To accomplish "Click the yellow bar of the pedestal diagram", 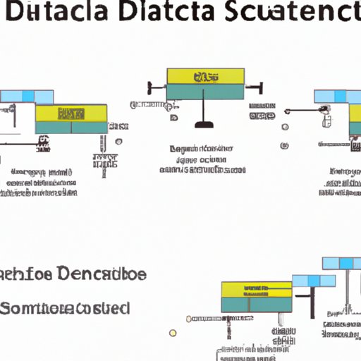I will coord(205,76).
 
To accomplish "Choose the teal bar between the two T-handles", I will coord(205,90).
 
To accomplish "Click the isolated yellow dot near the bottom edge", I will coord(171,333).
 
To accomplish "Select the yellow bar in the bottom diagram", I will coord(255,289).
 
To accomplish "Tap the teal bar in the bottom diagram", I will coord(255,305).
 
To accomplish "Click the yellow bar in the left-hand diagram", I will coord(71,113).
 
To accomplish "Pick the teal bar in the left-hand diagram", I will coord(71,128).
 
